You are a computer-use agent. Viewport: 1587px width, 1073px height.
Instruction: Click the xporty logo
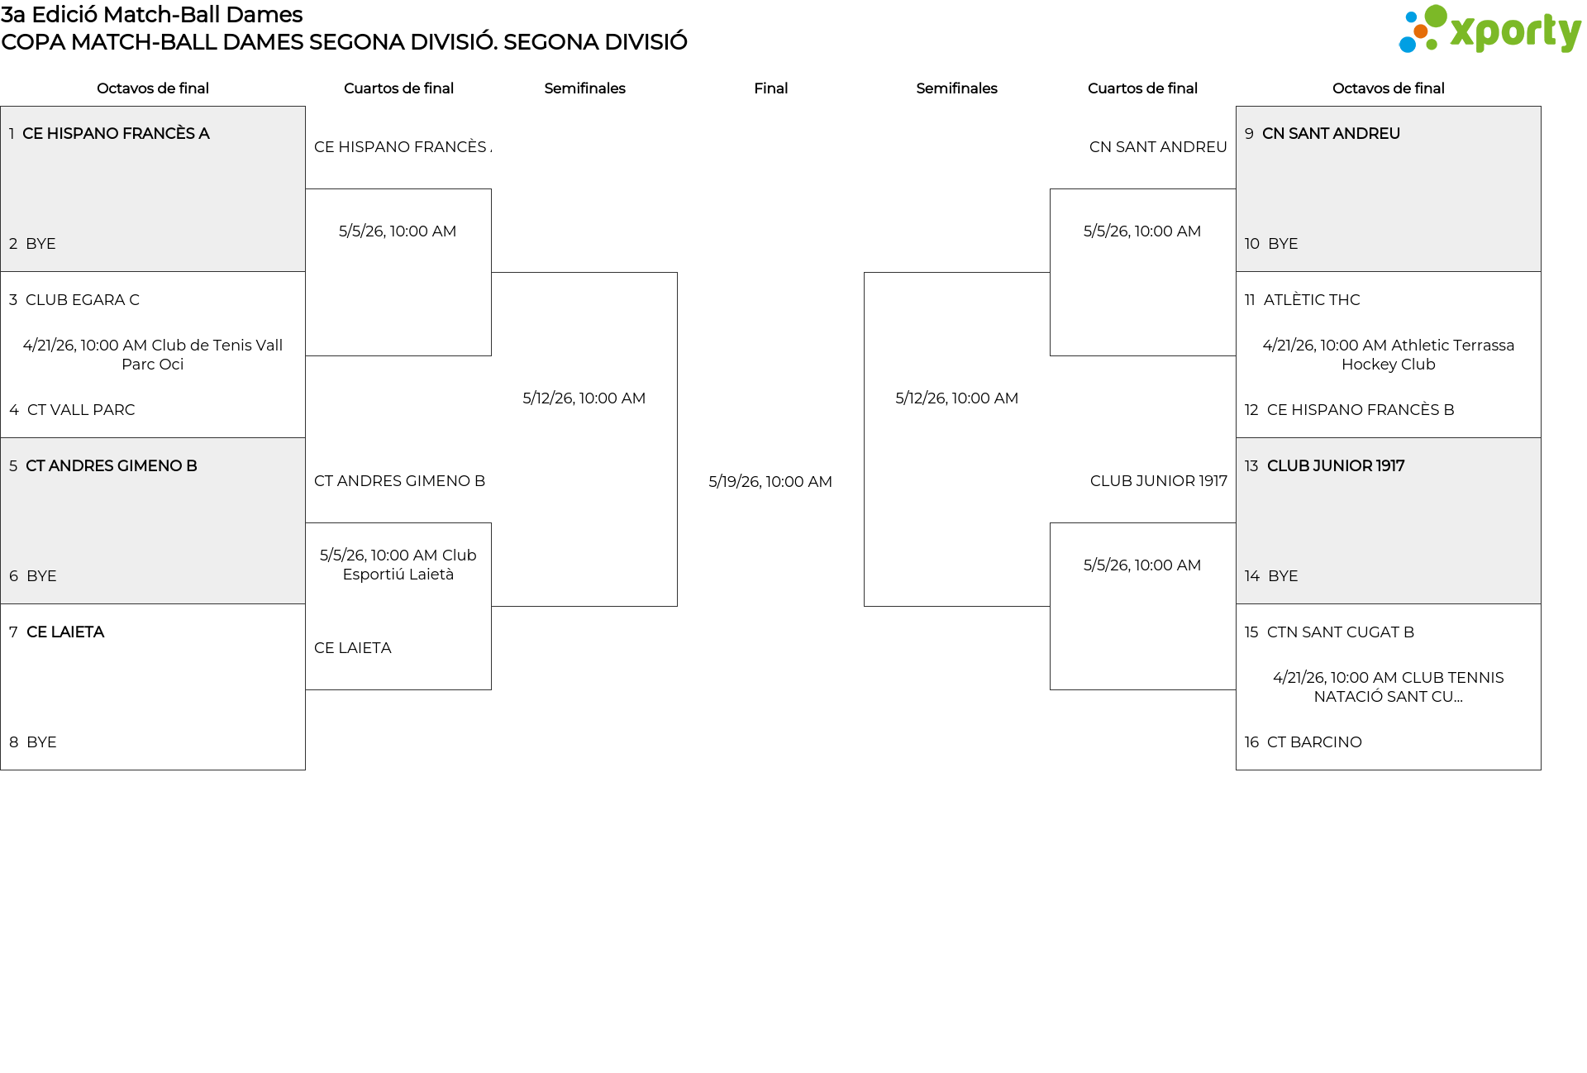pos(1489,30)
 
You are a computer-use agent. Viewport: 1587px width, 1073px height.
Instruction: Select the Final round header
pos(770,88)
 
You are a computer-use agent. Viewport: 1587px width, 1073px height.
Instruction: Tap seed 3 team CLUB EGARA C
pos(82,300)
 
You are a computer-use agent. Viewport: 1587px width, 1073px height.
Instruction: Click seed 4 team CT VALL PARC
pos(80,410)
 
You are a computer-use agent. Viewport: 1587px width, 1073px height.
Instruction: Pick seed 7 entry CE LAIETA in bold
pos(65,632)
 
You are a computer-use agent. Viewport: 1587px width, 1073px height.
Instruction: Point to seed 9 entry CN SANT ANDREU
pos(1331,134)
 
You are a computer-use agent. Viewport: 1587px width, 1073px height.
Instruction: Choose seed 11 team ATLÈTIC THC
pos(1312,300)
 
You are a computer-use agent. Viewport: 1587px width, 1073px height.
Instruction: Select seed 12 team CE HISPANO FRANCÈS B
pos(1361,410)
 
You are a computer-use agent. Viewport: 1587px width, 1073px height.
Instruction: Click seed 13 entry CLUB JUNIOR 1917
pos(1336,466)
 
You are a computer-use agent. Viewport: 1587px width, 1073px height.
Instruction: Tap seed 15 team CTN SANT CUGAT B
pos(1341,632)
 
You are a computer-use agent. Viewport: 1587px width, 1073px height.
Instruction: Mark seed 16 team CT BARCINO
pos(1314,742)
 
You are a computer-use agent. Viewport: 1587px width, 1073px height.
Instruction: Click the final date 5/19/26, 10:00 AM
pos(770,482)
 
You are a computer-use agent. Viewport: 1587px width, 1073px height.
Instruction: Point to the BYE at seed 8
pos(41,742)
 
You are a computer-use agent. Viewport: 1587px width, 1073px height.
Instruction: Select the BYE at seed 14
pos(1283,576)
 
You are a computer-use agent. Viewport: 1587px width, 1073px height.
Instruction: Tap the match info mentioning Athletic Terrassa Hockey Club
pos(1388,355)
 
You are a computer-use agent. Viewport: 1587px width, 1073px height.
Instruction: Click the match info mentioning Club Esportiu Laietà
pos(398,565)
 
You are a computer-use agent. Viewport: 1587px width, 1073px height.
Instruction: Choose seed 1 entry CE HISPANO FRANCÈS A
pos(116,134)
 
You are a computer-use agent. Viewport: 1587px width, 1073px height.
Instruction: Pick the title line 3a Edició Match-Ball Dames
pos(152,15)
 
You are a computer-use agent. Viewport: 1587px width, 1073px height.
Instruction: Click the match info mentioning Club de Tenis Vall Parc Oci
pos(153,355)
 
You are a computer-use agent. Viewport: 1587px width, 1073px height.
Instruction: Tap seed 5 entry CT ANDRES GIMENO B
pos(111,466)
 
